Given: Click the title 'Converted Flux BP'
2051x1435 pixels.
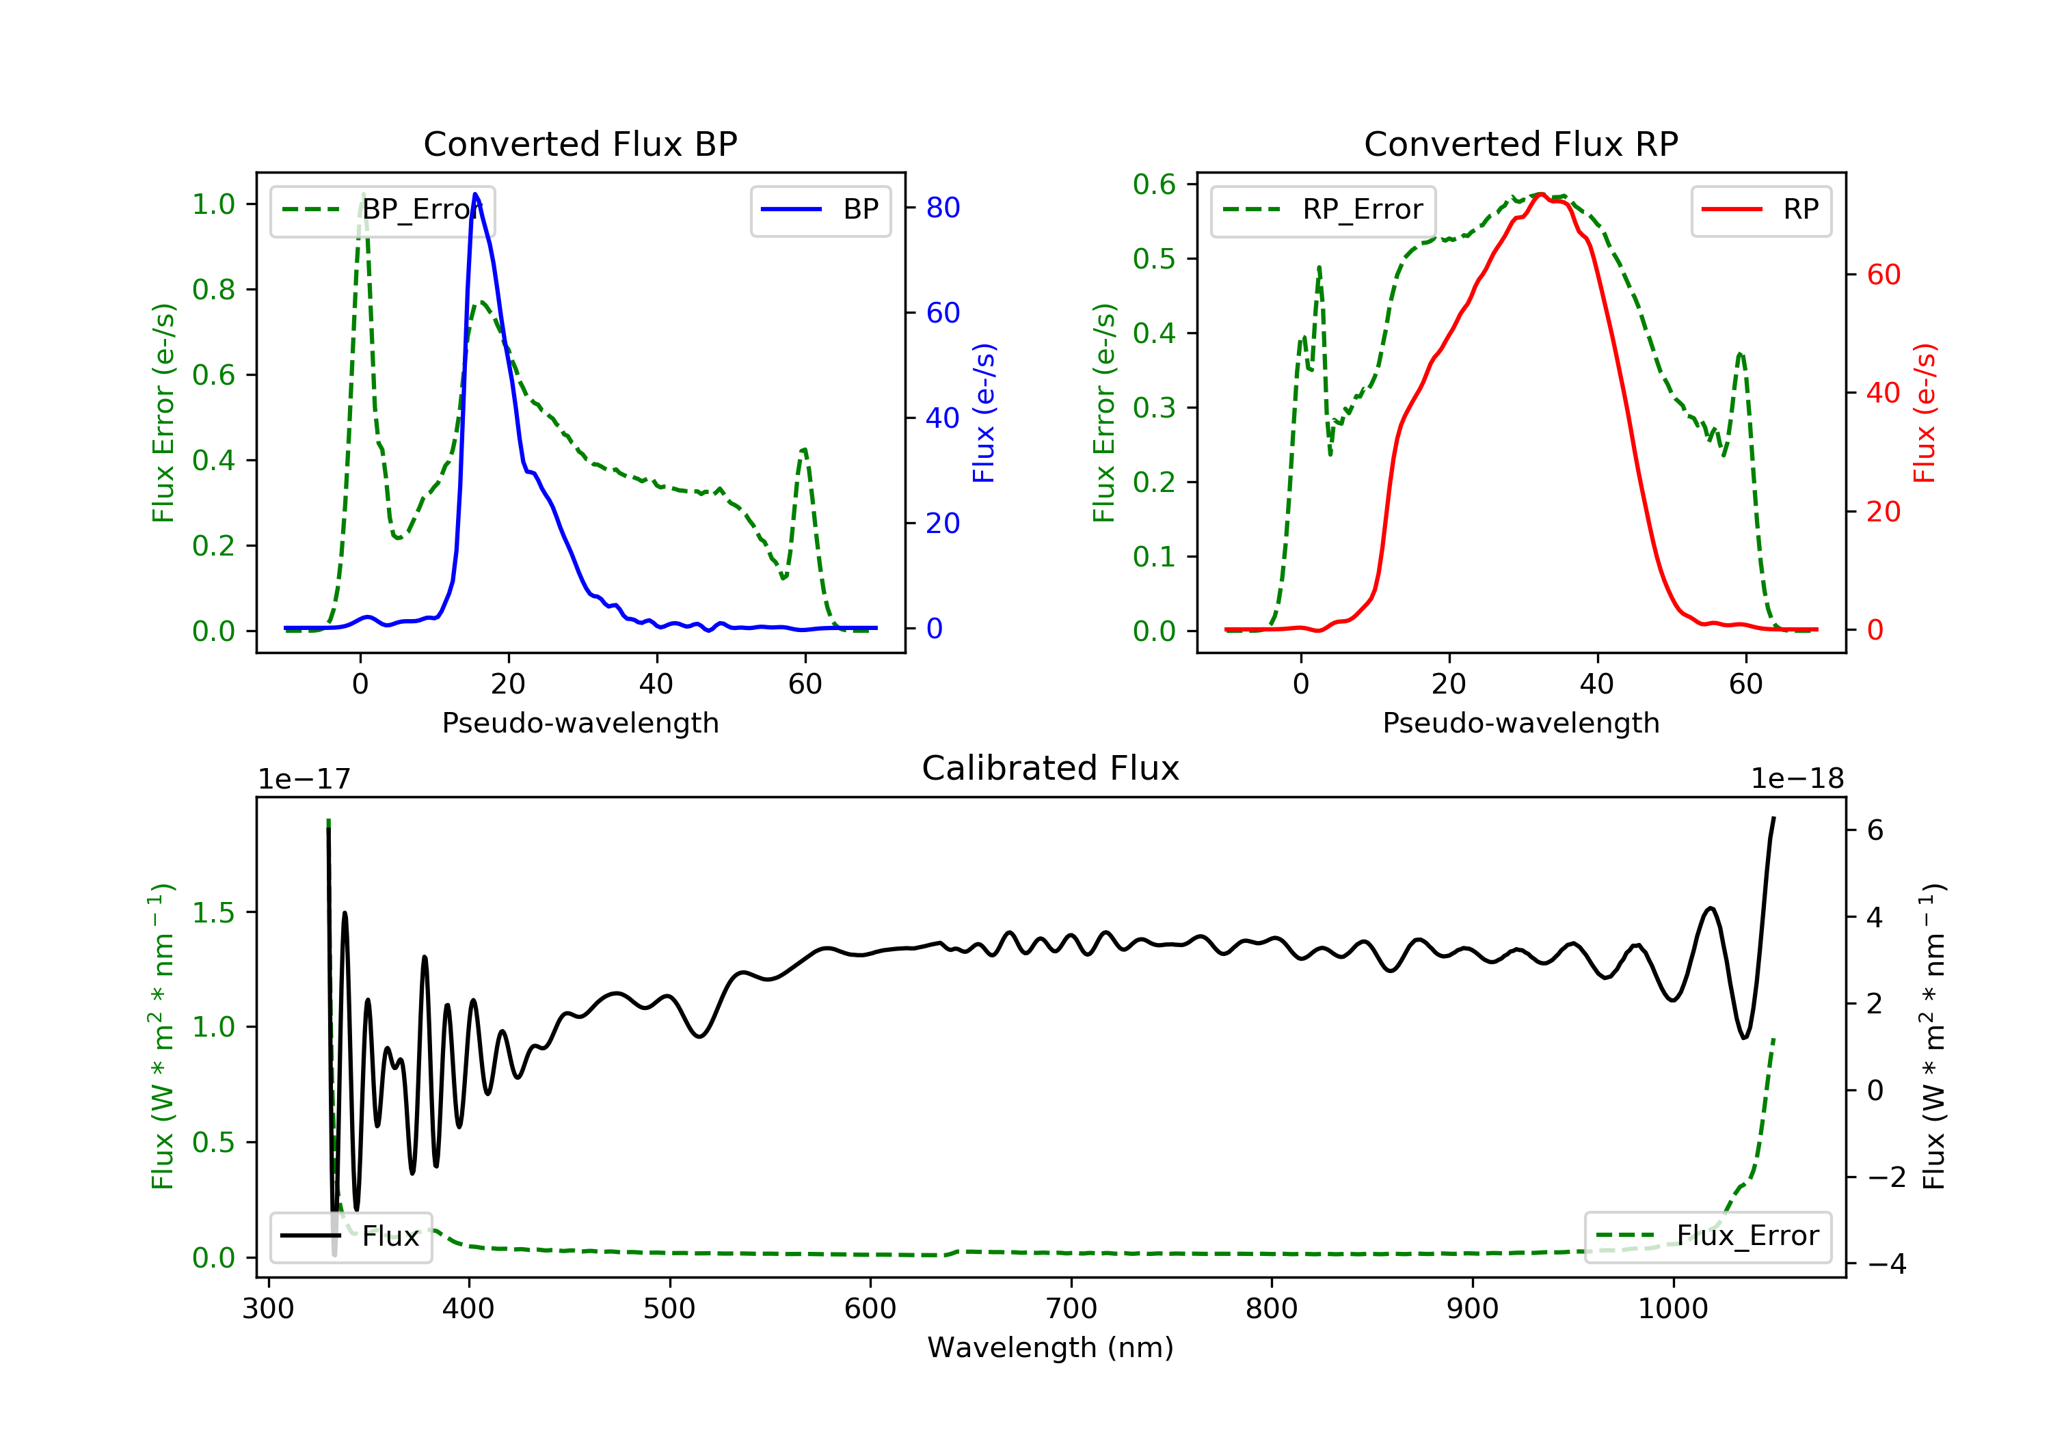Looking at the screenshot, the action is click(580, 143).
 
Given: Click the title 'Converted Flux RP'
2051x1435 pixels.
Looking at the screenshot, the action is click(1521, 143).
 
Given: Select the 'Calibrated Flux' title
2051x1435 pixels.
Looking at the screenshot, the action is click(1051, 768).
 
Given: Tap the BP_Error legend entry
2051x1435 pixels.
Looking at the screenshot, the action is click(382, 210).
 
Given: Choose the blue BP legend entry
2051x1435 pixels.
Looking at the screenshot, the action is click(820, 210).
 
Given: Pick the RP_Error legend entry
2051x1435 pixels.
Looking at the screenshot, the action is click(1323, 210).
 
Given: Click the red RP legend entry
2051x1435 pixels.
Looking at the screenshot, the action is click(1760, 210).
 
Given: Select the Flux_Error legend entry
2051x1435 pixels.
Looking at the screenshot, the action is click(1707, 1236).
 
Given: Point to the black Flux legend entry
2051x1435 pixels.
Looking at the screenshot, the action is click(350, 1236).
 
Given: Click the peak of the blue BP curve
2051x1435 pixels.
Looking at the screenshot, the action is click(475, 194).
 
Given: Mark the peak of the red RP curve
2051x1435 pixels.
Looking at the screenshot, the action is click(1541, 194).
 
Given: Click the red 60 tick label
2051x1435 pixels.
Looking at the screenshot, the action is click(1884, 274).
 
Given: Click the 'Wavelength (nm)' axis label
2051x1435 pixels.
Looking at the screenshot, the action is click(1051, 1348).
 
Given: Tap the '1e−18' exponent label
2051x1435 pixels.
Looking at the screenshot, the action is click(1797, 779).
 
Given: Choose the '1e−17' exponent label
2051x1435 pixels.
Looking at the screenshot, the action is click(305, 779).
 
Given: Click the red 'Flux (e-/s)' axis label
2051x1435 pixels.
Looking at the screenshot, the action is click(1924, 413).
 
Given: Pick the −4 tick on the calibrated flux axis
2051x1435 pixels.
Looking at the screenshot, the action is click(1886, 1263).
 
